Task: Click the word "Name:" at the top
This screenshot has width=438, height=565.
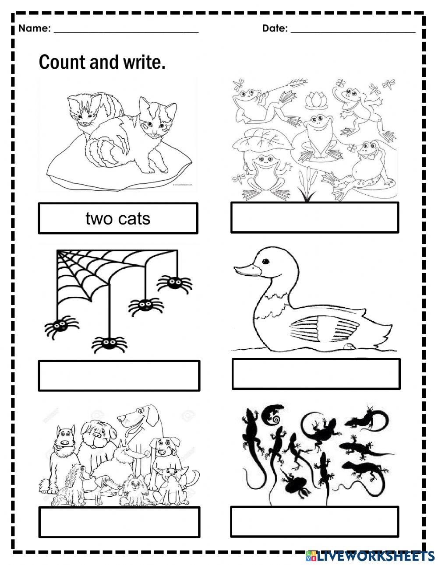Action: tap(35, 29)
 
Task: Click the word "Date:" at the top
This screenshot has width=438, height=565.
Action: tap(275, 29)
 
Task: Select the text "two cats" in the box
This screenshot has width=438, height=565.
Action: tap(118, 218)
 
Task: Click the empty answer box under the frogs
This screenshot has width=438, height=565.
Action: tap(314, 218)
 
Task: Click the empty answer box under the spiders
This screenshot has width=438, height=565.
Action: tap(119, 375)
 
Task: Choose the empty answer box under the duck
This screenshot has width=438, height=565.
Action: tap(315, 374)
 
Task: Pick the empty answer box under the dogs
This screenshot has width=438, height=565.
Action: tap(119, 522)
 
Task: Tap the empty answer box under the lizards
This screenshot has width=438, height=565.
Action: tap(314, 521)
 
